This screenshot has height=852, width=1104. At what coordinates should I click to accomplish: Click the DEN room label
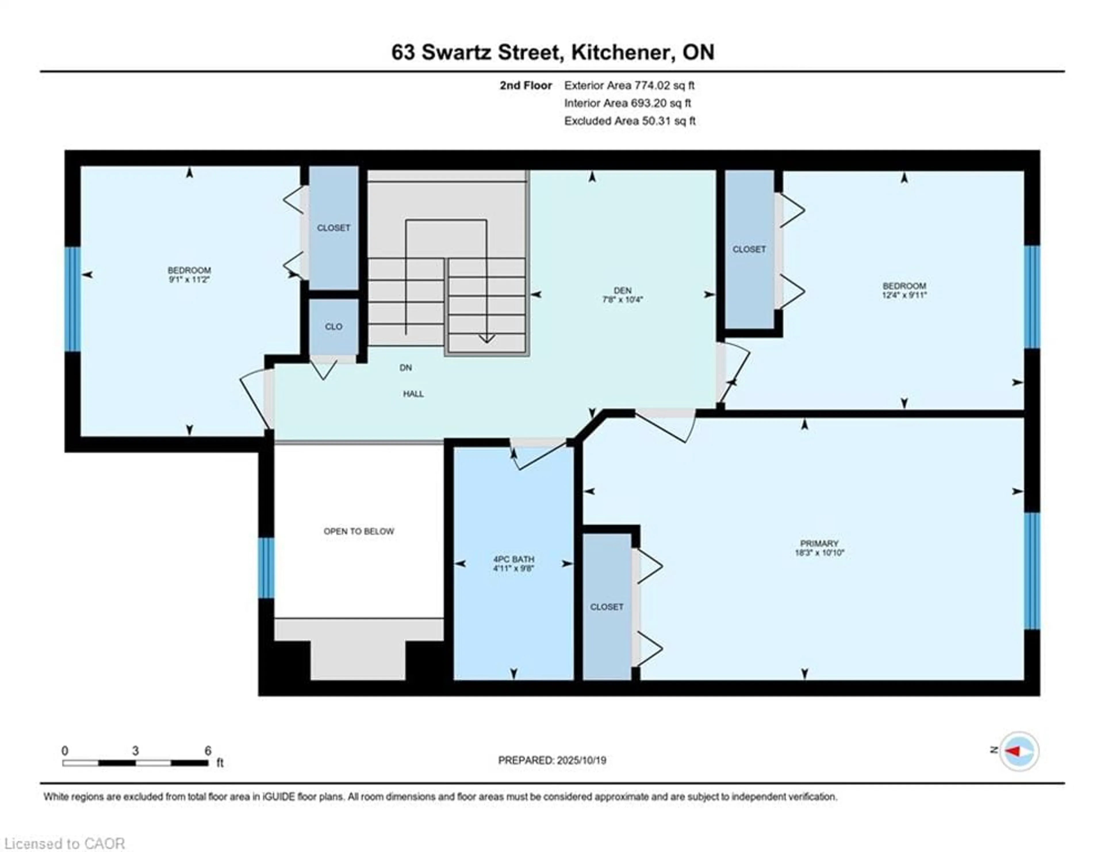click(622, 290)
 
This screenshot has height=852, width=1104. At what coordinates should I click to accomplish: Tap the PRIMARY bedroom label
click(819, 543)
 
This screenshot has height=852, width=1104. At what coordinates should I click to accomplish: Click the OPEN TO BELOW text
click(359, 531)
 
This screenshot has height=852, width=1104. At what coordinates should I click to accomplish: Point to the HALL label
click(413, 394)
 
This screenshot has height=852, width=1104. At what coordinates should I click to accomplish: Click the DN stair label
click(405, 367)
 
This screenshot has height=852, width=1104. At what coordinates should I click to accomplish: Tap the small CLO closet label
click(333, 327)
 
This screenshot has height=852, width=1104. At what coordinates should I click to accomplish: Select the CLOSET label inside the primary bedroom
click(607, 607)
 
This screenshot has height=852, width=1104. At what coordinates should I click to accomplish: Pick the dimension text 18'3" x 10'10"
click(819, 553)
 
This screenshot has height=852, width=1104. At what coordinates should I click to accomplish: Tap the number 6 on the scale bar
click(208, 751)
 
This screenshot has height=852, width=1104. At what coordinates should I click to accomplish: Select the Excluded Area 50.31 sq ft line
click(630, 121)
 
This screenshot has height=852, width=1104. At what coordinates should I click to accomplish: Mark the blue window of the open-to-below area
click(267, 568)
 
